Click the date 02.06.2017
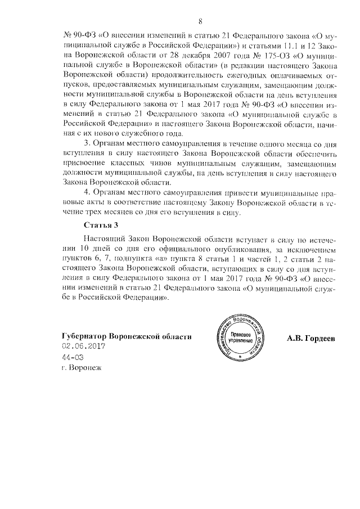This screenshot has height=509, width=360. pos(84,346)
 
